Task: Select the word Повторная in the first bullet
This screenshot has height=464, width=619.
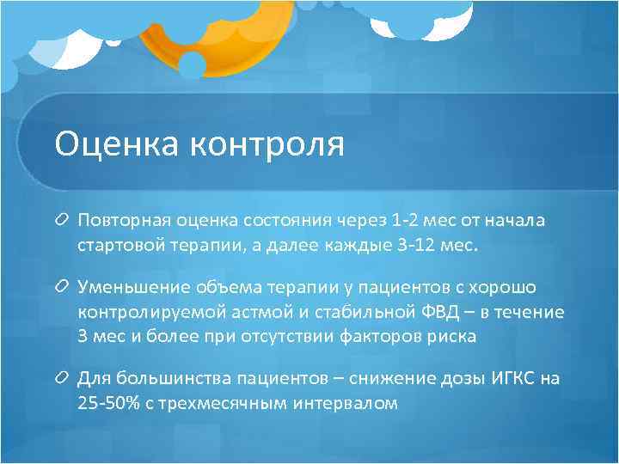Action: tap(122, 221)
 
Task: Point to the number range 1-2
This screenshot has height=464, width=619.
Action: tap(400, 221)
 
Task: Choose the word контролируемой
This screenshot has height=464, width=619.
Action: tap(150, 312)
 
